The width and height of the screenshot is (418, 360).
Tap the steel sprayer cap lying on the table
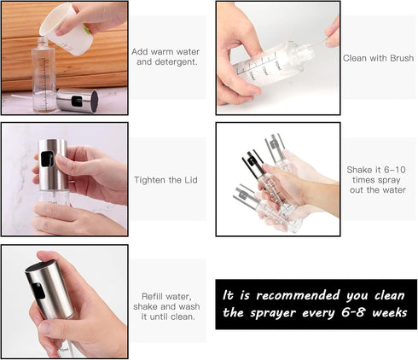(78, 101)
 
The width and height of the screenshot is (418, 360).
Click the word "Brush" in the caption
(402, 58)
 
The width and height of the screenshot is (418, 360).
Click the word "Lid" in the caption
(190, 180)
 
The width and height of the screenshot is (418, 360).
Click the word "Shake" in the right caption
(359, 170)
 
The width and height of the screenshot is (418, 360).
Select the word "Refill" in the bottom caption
(152, 296)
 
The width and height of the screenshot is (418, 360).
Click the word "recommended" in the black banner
(298, 295)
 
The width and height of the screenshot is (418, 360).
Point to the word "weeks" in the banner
(390, 313)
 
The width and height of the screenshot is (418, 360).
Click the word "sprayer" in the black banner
(273, 313)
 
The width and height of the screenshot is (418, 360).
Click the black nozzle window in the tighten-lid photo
(47, 159)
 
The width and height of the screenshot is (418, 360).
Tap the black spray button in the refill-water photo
(38, 290)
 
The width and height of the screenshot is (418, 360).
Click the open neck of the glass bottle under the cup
(43, 40)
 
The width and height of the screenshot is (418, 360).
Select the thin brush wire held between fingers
(318, 44)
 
